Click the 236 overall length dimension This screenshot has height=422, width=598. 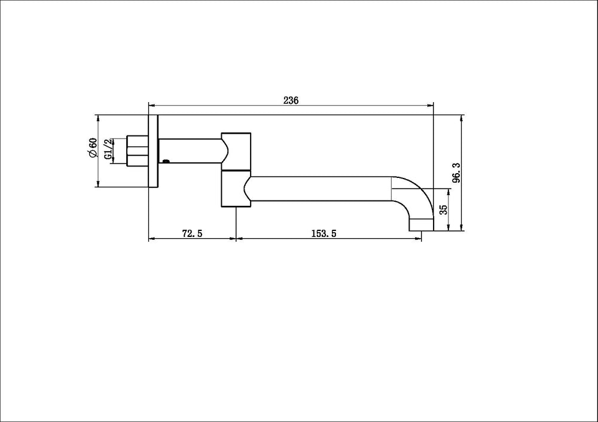click(x=291, y=100)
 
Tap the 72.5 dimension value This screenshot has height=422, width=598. click(x=192, y=233)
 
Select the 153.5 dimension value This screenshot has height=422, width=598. click(x=324, y=233)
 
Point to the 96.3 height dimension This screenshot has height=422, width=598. click(x=456, y=173)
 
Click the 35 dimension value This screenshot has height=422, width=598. click(x=444, y=210)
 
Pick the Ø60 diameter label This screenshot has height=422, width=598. click(x=93, y=147)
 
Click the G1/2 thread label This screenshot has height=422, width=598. click(x=108, y=149)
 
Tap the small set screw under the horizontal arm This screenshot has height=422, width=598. click(x=166, y=161)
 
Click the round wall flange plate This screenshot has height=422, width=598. click(x=153, y=150)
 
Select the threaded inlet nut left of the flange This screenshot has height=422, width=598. click(x=138, y=150)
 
